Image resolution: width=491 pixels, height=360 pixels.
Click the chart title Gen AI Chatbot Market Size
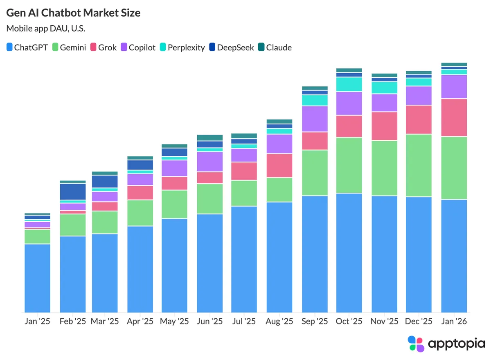point(73,13)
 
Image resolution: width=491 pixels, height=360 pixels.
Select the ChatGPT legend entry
point(27,47)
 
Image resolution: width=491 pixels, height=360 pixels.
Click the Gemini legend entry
point(69,47)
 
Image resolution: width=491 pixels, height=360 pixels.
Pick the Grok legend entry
point(103,47)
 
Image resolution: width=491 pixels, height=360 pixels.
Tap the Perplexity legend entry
point(182,47)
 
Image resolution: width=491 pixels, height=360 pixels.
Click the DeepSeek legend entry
point(231,47)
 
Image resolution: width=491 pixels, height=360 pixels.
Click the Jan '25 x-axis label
point(37,322)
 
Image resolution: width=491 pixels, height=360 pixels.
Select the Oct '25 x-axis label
point(349,322)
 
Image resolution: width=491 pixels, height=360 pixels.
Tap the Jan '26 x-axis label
point(454,322)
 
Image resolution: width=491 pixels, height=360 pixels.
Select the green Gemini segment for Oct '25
point(349,165)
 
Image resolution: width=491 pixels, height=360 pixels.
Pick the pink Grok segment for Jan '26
point(454,117)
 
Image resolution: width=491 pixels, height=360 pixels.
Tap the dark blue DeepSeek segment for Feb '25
point(73,191)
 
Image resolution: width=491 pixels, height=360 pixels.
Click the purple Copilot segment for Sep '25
point(315,119)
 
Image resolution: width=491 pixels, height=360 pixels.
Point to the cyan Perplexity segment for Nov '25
point(384,88)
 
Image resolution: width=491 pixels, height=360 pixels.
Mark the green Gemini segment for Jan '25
point(37,236)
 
